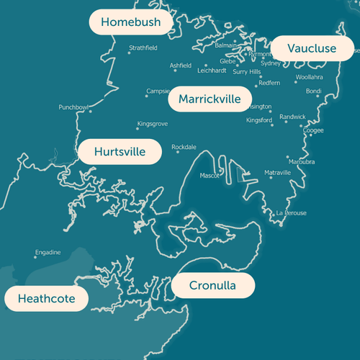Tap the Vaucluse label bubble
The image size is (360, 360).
[x=312, y=48]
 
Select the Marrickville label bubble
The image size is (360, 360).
[x=210, y=99]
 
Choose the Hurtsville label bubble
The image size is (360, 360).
[x=120, y=152]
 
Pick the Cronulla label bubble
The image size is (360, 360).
[x=212, y=286]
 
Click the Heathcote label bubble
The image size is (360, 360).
[x=46, y=298]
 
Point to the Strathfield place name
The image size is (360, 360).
[x=143, y=48]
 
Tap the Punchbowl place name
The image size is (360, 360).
[x=73, y=107]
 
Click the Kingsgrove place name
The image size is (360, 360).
[x=153, y=124]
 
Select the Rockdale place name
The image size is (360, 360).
[x=184, y=147]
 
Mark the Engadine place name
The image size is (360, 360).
[x=48, y=252]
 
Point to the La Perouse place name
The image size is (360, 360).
[x=292, y=213]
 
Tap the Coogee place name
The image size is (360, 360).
[x=313, y=131]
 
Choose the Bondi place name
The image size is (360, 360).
[x=313, y=91]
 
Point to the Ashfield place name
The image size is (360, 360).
[x=181, y=65]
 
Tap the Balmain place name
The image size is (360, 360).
[x=225, y=45]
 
